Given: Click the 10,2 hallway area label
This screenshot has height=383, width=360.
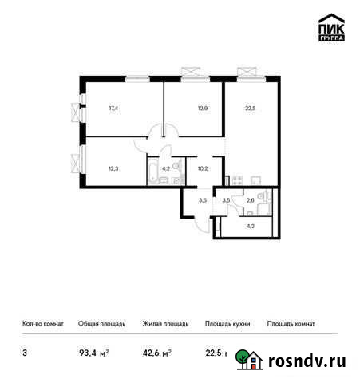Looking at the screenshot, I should pyautogui.click(x=202, y=168).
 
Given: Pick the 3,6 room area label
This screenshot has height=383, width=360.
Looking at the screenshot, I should pyautogui.click(x=203, y=199).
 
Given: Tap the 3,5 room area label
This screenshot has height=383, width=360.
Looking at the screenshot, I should pyautogui.click(x=227, y=199).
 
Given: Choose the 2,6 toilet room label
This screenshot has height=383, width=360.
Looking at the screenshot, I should pyautogui.click(x=251, y=199).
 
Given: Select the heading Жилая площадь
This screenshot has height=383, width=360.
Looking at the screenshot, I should pyautogui.click(x=165, y=324).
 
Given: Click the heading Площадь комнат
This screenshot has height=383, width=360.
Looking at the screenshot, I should pyautogui.click(x=291, y=324).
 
